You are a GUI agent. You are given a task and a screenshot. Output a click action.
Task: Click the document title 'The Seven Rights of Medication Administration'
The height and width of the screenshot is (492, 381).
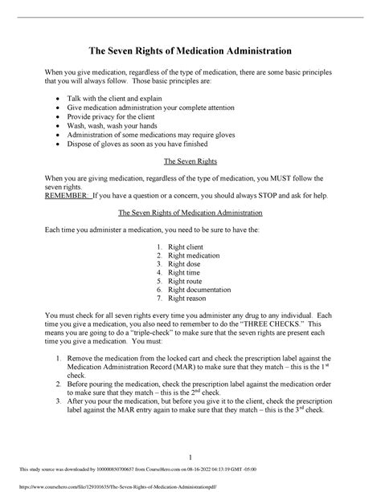coord(190,51)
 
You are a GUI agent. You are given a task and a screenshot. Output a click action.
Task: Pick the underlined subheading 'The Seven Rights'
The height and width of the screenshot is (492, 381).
coord(190,161)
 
